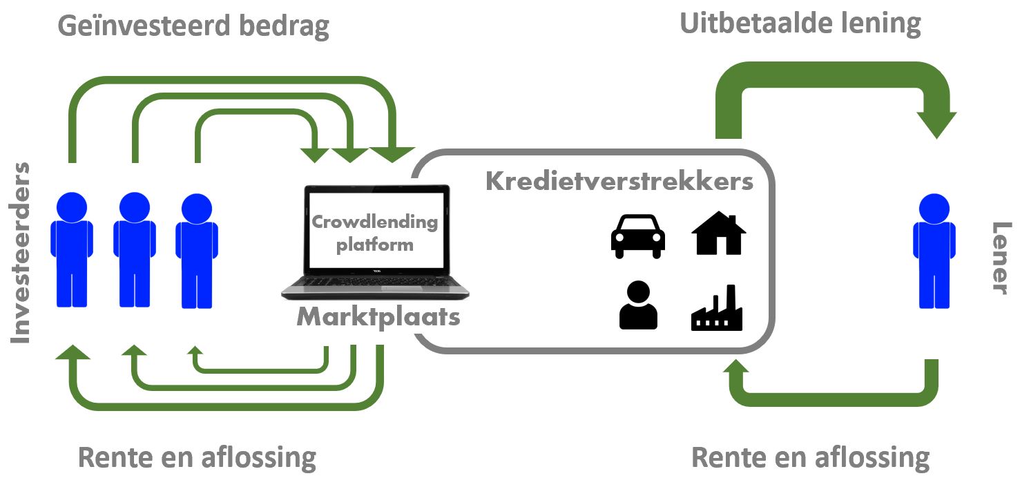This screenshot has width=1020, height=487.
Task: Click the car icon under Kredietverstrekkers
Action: point(637,236)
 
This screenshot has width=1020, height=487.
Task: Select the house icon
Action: point(718,233)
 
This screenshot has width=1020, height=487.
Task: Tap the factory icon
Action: point(716,309)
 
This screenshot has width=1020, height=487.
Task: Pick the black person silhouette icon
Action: point(638,306)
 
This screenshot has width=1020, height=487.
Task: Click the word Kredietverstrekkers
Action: point(619,181)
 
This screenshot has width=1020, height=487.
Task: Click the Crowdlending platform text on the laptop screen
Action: point(375,233)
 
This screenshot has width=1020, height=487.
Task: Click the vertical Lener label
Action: point(999,258)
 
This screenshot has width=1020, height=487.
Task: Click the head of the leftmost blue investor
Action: point(72,206)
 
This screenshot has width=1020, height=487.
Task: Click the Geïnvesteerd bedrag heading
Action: point(193,26)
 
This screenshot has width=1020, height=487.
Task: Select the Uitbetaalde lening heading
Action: point(800,23)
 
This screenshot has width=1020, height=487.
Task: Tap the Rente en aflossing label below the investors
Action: point(197,457)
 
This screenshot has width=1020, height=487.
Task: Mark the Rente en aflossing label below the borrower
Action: point(810,457)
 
